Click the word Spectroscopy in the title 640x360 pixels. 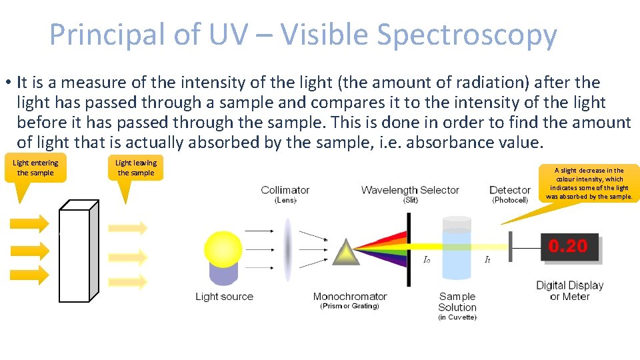coord(466,35)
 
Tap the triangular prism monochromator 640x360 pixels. coord(346,251)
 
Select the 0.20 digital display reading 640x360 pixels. coord(568,247)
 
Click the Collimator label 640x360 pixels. coord(285,191)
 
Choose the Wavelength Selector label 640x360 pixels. coord(410,191)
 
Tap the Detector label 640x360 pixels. coord(510,191)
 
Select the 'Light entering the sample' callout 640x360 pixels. coord(35,168)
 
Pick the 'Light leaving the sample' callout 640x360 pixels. coord(136,168)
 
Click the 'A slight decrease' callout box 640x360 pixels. coord(589,183)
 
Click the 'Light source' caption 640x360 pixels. coord(224,297)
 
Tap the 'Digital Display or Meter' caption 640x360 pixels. coord(569,291)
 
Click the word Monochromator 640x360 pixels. coord(350,297)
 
